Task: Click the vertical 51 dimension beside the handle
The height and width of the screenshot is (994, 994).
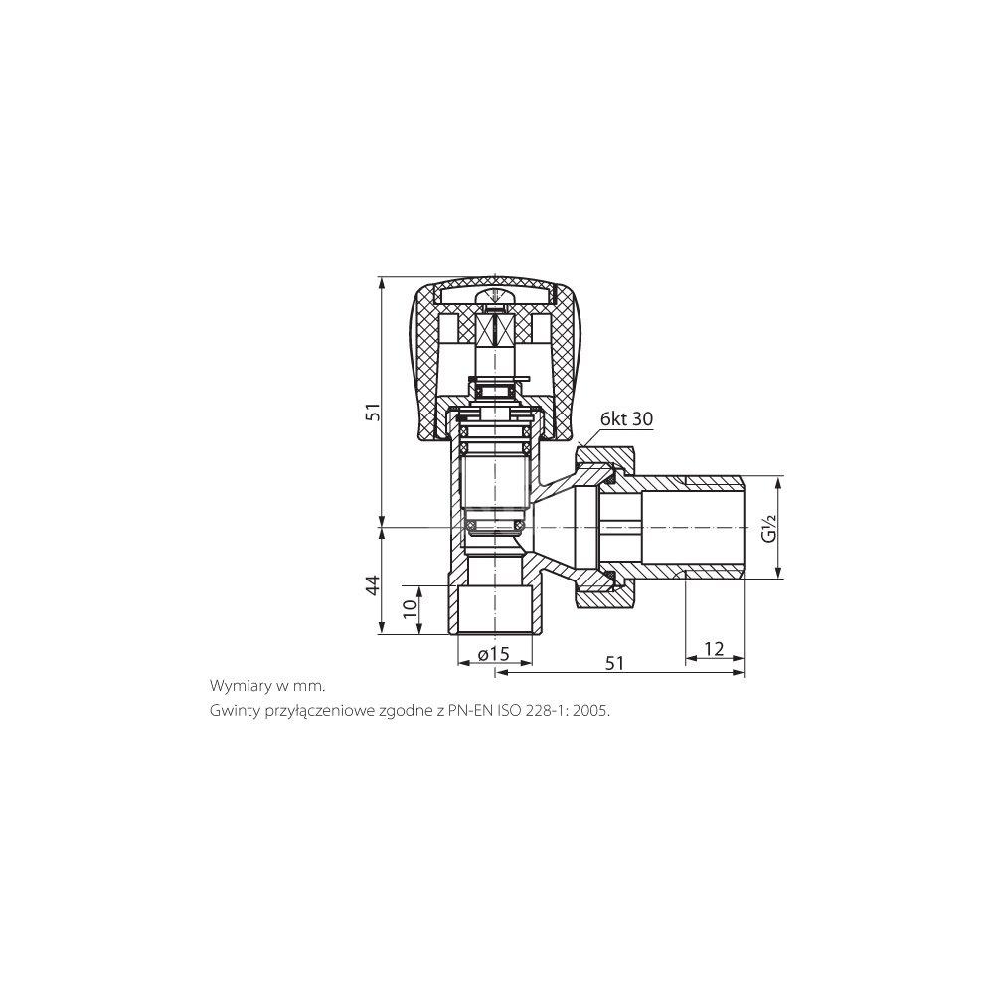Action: click(x=375, y=413)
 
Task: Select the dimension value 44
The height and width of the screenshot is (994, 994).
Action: click(x=374, y=584)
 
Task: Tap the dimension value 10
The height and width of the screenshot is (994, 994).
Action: click(x=411, y=605)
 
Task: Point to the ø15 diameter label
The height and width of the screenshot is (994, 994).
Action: click(x=494, y=654)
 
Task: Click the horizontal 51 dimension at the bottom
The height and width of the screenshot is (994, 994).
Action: click(x=614, y=663)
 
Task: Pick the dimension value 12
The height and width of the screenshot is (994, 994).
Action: click(x=714, y=648)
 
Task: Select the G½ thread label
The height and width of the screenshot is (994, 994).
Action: click(x=769, y=528)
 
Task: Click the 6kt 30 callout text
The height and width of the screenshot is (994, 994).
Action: click(x=626, y=419)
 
